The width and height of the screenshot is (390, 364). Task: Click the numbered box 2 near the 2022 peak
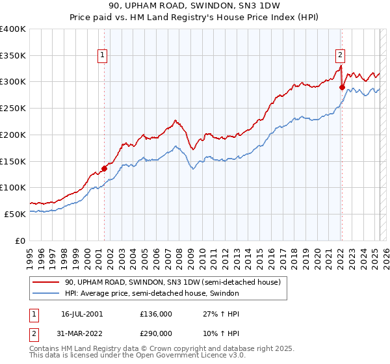[341, 56]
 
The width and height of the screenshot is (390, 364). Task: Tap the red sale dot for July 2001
[104, 169]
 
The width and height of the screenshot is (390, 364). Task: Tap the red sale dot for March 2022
[342, 87]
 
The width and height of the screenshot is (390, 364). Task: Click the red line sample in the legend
[46, 282]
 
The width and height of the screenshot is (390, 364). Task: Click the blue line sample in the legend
[46, 294]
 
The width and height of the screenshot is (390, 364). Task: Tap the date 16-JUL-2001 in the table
[82, 314]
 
